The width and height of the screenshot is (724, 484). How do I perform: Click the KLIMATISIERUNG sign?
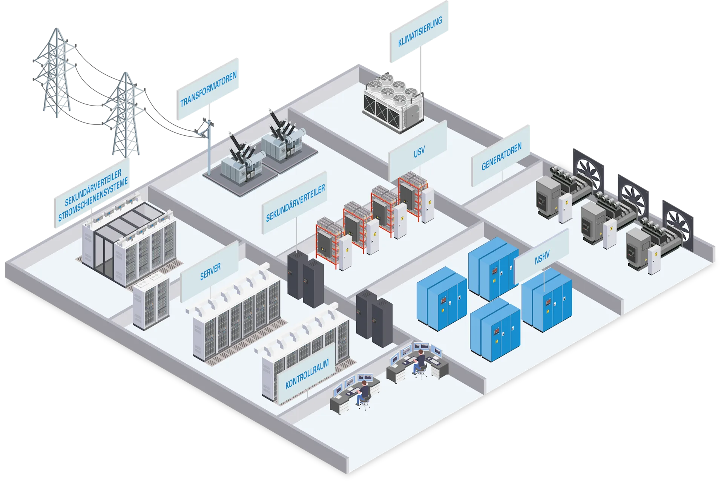coord(419,32)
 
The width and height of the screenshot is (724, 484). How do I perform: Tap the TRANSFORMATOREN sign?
coord(208,89)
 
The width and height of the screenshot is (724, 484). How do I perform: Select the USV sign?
coord(418,152)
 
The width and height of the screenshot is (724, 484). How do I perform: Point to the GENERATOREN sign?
coord(501,156)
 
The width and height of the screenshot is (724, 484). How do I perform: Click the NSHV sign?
coord(542,256)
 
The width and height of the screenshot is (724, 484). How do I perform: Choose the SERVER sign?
coord(210,272)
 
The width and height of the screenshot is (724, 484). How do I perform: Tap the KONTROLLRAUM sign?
coord(307,374)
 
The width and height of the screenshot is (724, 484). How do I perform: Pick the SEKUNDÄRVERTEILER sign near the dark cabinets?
coord(295,204)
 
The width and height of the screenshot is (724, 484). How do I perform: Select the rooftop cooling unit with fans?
coord(393,102)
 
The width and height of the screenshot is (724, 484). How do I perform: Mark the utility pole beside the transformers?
coord(209,151)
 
